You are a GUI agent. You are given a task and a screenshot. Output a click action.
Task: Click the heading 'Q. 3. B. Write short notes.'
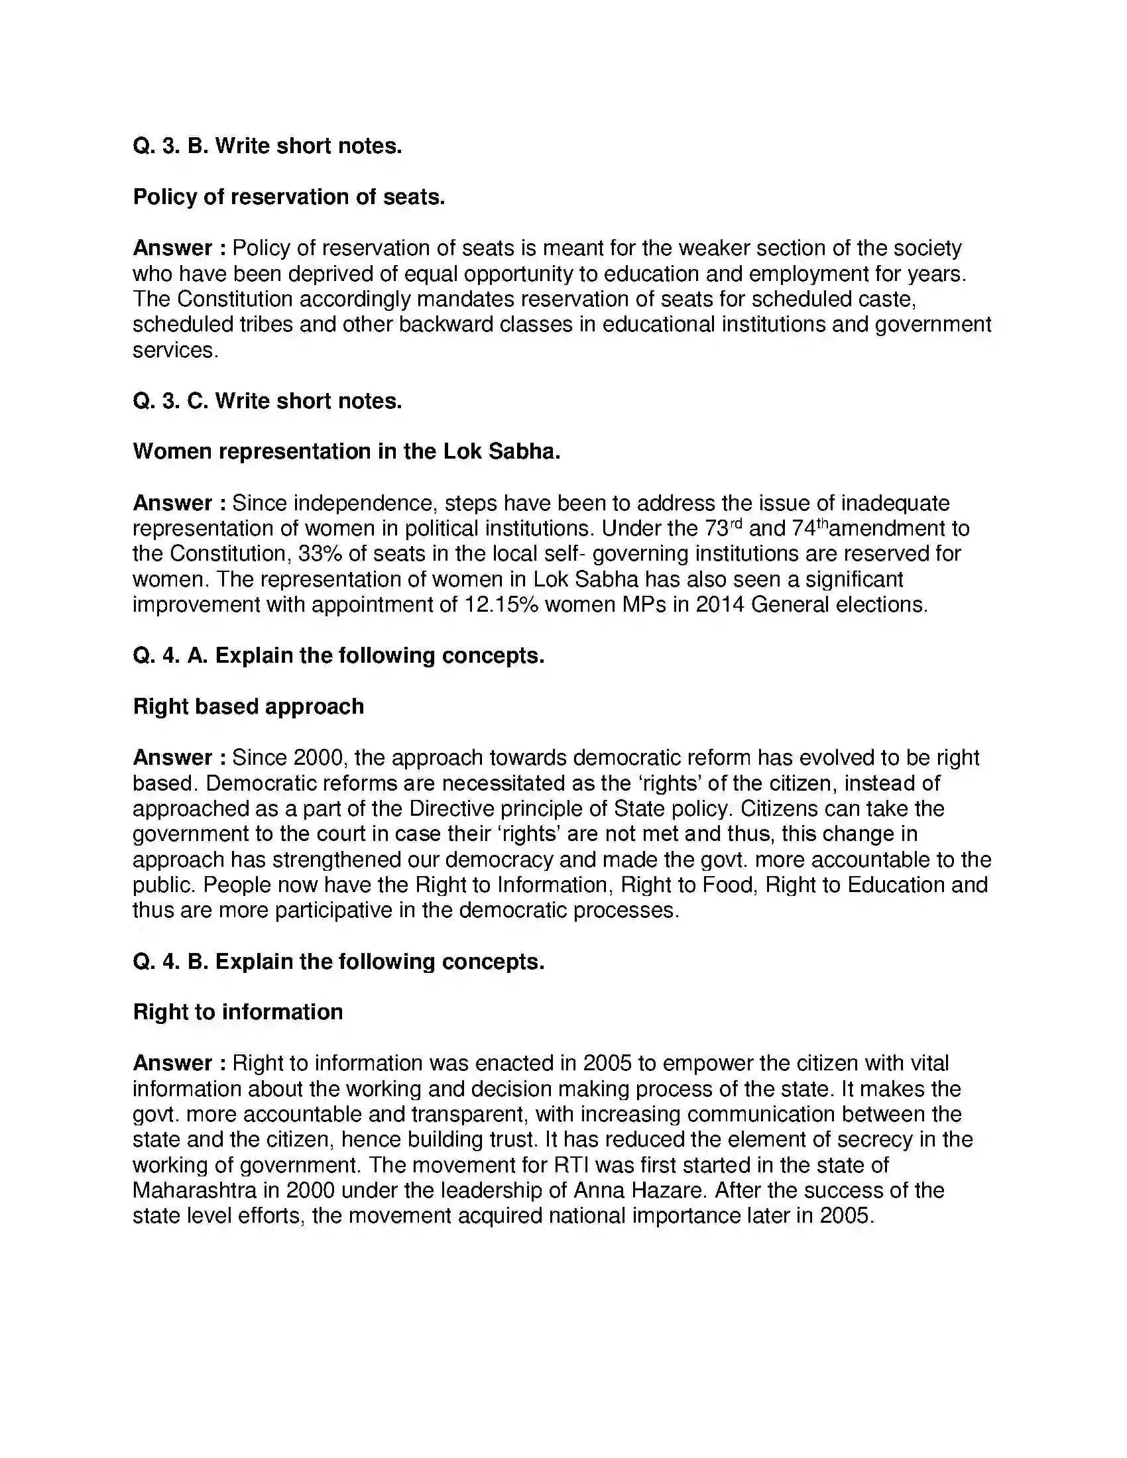pyautogui.click(x=267, y=146)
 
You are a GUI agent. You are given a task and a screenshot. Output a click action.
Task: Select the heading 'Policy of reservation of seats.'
pyautogui.click(x=288, y=197)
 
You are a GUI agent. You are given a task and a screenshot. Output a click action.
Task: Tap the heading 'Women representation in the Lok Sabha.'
pyautogui.click(x=346, y=452)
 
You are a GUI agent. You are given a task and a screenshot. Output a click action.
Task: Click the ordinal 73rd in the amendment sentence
pyautogui.click(x=723, y=529)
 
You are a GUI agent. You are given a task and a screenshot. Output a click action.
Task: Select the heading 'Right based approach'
pyautogui.click(x=249, y=707)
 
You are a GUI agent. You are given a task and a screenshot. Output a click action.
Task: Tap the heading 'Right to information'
pyautogui.click(x=238, y=1013)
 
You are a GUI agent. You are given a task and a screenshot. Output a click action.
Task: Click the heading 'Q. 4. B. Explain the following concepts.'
pyautogui.click(x=339, y=962)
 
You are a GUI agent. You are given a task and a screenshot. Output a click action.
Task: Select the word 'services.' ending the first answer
pyautogui.click(x=176, y=351)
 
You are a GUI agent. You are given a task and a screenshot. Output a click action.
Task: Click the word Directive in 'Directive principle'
pyautogui.click(x=451, y=809)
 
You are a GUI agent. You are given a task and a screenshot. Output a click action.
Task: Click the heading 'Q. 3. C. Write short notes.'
pyautogui.click(x=267, y=401)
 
